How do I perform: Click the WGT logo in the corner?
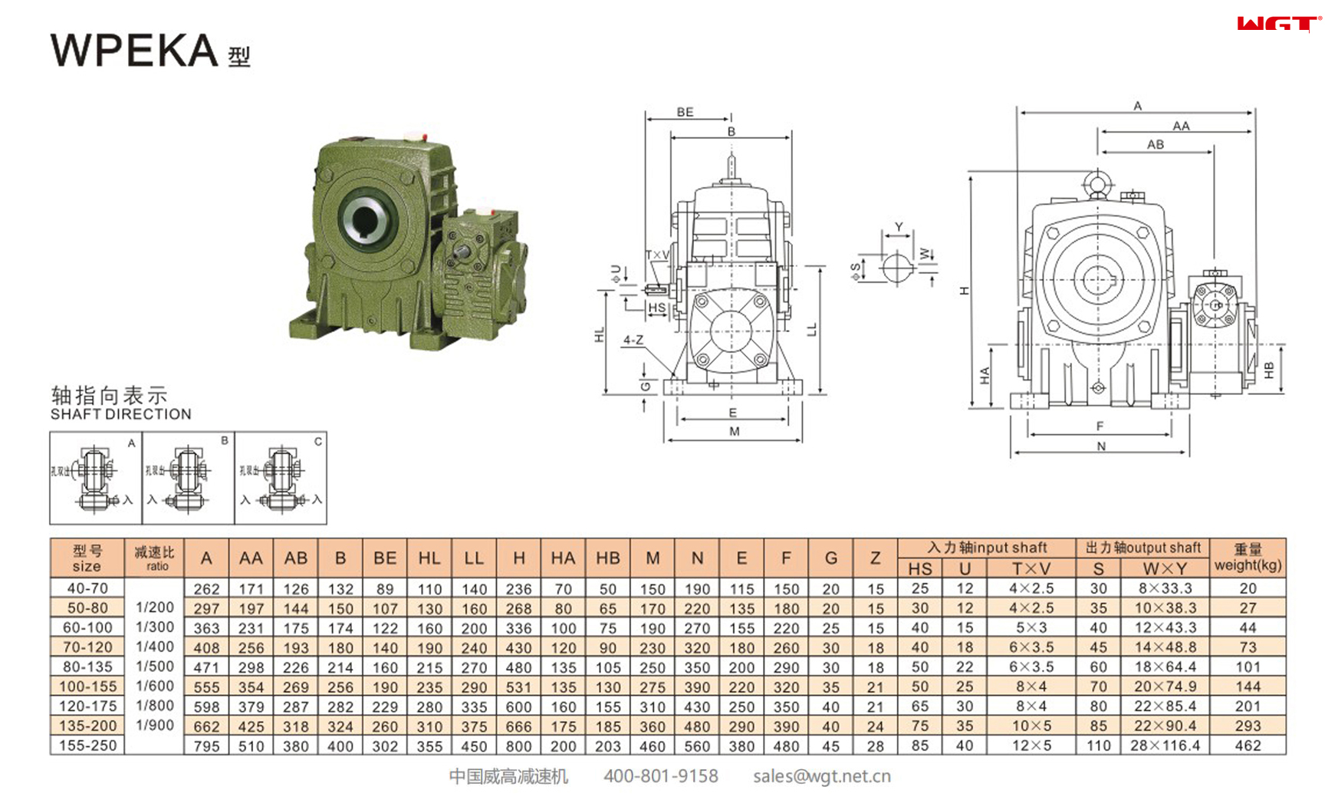coord(1278,25)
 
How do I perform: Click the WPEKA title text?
coord(135,51)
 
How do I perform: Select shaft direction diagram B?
coord(188,478)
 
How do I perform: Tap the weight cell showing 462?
coord(1248,746)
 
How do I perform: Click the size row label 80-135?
coord(87,667)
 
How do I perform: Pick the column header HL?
coord(429,558)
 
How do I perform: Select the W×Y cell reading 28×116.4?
coord(1165,746)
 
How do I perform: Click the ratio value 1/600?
coord(155,686)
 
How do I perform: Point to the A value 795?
coord(206,746)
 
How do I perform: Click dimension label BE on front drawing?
coord(685,112)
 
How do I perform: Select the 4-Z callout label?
coord(633,340)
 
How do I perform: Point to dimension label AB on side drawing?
coord(1155,144)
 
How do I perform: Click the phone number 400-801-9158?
coord(660,776)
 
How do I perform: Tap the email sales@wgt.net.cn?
coord(821,776)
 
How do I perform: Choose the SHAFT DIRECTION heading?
coord(120,414)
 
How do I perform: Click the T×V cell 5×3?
coord(1031,627)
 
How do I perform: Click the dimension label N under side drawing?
coord(1101,446)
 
